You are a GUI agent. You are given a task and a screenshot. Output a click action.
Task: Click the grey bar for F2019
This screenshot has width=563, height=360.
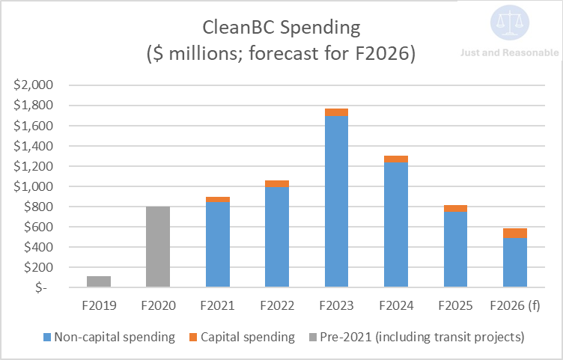point(99,281)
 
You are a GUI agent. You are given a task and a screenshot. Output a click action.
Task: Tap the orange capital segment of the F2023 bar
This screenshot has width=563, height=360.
point(336,112)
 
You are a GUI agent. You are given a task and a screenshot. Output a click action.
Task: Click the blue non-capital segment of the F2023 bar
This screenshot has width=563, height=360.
point(336,202)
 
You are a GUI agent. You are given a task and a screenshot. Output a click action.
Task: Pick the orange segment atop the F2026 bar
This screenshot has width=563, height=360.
point(514,233)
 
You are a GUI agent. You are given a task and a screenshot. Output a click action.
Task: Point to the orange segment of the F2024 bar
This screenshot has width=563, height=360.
point(395,159)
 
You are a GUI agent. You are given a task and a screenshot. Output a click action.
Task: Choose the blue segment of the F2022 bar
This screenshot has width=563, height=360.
point(277,237)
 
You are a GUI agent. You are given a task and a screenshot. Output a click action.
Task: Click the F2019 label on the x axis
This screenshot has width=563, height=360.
point(99,305)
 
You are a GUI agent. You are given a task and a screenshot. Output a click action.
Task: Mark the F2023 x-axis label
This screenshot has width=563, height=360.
point(336,305)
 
